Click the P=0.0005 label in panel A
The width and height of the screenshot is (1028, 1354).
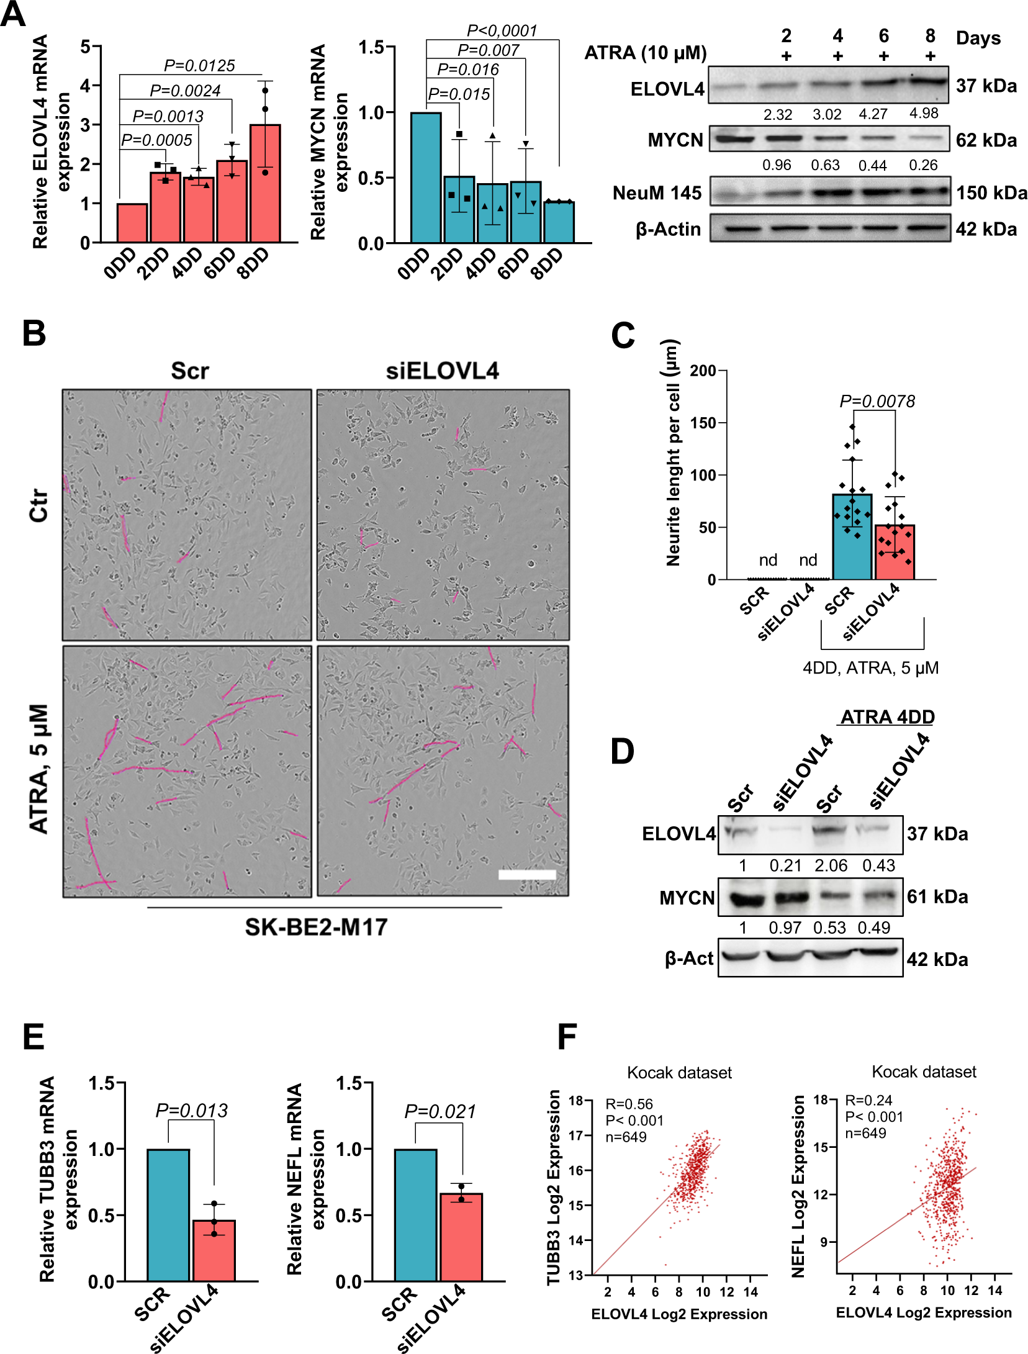coord(156,140)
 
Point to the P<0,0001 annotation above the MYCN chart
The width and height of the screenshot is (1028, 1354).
coord(502,30)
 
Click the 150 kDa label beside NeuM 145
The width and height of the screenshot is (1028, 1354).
coord(991,193)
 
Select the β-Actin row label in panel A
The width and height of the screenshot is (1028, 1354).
coord(668,230)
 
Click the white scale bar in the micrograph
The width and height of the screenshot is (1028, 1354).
coord(526,874)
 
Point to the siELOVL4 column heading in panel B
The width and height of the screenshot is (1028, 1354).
coord(442,371)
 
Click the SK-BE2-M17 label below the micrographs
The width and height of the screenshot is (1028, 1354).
coord(316,927)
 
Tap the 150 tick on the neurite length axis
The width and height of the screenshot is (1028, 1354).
coord(703,423)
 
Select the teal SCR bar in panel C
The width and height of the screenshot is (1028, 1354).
coord(852,538)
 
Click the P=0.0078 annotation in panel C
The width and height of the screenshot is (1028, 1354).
coord(877,401)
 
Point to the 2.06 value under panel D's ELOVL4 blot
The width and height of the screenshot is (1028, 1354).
coord(831,865)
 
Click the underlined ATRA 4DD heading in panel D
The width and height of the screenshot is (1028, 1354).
coord(887,717)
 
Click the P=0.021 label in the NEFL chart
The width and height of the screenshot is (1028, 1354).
coord(440,1111)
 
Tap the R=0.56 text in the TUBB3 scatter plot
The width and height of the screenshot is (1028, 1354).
coord(629,1104)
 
